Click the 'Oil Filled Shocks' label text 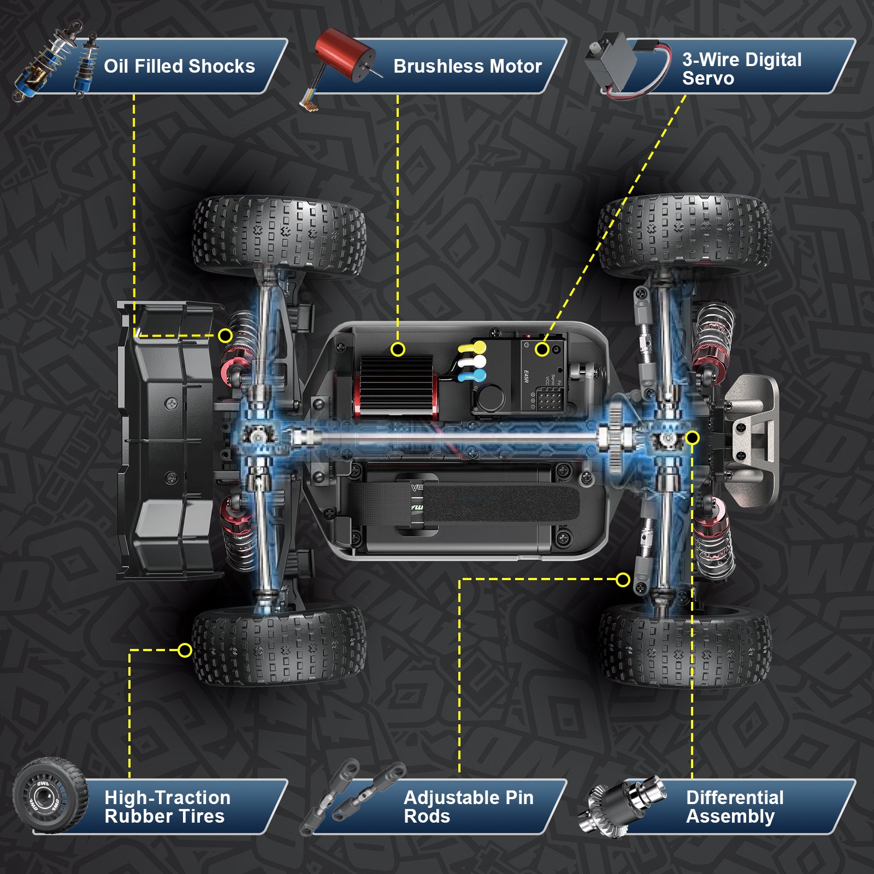179,67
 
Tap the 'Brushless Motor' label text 467,67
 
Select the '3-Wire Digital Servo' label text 741,69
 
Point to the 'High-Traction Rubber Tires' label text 167,807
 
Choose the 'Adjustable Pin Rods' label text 468,807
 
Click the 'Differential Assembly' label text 734,807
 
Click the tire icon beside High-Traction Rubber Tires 50,795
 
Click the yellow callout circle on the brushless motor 398,349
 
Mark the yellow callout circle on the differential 692,438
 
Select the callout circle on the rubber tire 185,650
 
